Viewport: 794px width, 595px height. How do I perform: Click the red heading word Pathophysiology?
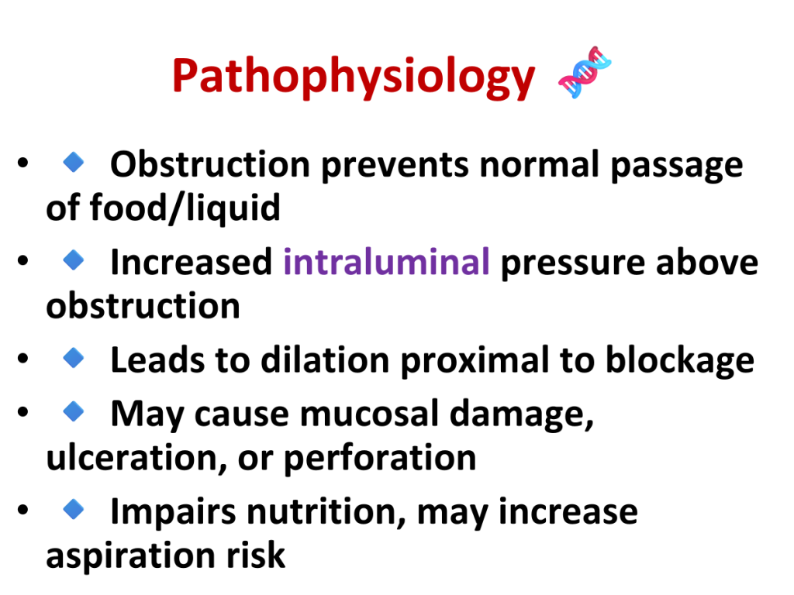coord(354,77)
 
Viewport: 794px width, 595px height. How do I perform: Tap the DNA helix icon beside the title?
coord(585,72)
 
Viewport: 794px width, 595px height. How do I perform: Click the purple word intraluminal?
coord(386,262)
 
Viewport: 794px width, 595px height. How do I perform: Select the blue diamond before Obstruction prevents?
coord(74,162)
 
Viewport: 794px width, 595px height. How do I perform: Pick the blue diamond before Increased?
coord(74,260)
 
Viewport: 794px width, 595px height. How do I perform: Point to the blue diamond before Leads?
coord(74,358)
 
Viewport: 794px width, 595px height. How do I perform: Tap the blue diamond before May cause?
coord(74,411)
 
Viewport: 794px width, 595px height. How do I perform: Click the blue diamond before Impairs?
coord(74,509)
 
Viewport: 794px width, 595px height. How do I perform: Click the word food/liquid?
coord(185,208)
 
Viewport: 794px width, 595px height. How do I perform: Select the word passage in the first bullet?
coord(677,166)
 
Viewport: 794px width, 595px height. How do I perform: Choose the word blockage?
coord(680,361)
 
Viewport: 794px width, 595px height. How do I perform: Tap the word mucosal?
coord(369,414)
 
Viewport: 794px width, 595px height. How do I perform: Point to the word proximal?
coord(475,361)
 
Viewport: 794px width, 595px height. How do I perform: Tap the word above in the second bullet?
coord(707,262)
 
